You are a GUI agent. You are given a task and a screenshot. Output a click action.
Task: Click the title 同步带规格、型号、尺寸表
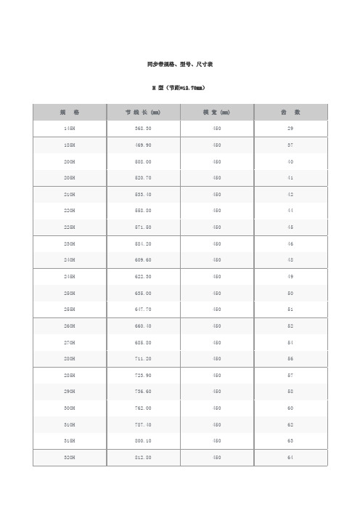click(179, 65)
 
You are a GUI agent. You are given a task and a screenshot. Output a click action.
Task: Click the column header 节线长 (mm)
click(143, 112)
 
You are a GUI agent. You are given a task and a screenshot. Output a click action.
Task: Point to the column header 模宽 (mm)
click(216, 112)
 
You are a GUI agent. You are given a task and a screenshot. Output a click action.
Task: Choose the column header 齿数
click(290, 112)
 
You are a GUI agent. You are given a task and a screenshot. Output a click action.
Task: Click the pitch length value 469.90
click(143, 145)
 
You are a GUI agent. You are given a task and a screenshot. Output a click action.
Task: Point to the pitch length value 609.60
click(143, 260)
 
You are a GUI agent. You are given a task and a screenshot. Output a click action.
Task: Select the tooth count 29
click(290, 128)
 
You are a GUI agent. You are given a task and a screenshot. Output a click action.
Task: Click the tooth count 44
click(290, 211)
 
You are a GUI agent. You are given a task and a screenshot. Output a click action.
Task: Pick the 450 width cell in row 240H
click(216, 260)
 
